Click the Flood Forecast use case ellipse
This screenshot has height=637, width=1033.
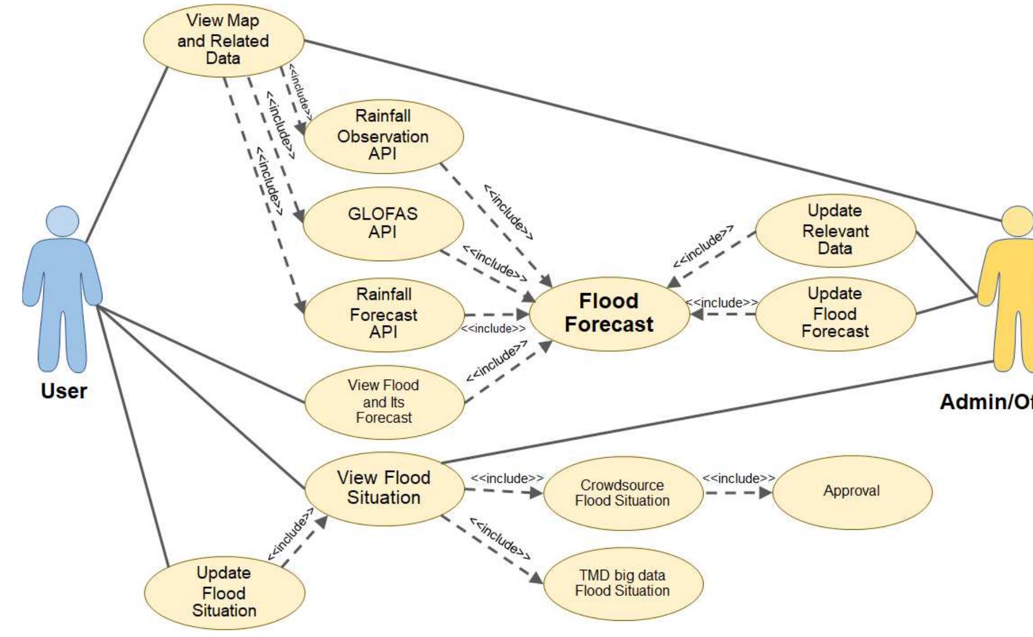(x=609, y=314)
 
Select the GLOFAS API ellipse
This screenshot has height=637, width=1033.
(x=383, y=224)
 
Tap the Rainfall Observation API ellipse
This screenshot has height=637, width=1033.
(x=383, y=135)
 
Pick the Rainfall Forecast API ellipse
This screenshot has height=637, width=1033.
(x=383, y=314)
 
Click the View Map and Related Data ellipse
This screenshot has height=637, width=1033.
(x=223, y=40)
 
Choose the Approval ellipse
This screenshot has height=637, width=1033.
(x=852, y=492)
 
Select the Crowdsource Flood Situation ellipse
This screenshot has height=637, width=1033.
(x=622, y=493)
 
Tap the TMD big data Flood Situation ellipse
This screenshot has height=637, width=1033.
(x=622, y=583)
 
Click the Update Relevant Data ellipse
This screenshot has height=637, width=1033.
(x=835, y=230)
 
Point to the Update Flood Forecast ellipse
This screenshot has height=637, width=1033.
(x=835, y=314)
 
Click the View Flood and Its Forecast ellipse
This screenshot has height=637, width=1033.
(x=384, y=402)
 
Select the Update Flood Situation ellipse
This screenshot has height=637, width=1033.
(x=224, y=593)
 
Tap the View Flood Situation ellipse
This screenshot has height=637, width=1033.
(x=384, y=488)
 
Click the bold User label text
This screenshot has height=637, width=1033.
(x=64, y=391)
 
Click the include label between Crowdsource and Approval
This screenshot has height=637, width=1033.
(x=738, y=479)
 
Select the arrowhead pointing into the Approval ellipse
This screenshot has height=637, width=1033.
(x=766, y=493)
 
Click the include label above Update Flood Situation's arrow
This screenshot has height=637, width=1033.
(x=290, y=534)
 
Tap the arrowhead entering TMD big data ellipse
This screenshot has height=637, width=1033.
(x=536, y=578)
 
